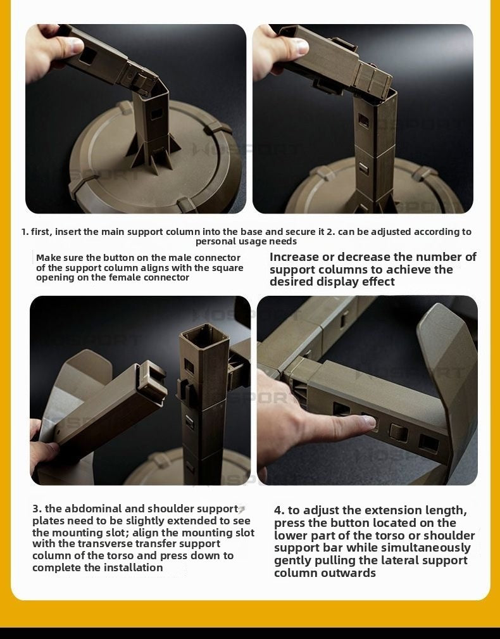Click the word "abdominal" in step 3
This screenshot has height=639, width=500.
coord(92,509)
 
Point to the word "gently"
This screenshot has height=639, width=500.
coord(292,560)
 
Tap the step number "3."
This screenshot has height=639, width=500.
coord(37,509)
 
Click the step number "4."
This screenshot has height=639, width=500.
coord(280,510)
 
